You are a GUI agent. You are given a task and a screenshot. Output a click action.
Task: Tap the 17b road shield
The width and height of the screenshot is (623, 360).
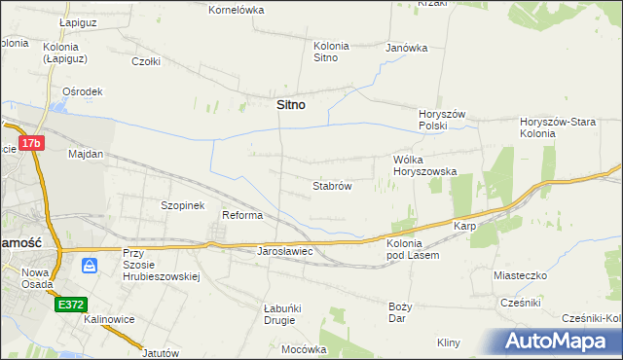32,143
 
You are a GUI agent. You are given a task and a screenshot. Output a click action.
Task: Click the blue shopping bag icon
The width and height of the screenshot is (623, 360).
90,264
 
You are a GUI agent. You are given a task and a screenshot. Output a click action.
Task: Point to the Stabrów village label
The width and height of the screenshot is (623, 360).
331,185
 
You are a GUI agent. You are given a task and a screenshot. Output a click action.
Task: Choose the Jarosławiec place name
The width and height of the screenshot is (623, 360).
283,251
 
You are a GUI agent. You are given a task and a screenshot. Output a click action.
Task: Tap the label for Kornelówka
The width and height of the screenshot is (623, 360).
237,10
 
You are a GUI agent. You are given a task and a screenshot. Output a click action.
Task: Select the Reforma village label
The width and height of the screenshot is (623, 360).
242,215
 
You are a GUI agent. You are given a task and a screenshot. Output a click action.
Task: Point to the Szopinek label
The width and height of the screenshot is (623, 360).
182,205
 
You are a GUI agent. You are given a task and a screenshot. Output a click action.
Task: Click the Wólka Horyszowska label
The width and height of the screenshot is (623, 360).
424,164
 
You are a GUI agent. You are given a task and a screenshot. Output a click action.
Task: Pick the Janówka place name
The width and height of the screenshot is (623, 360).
407,47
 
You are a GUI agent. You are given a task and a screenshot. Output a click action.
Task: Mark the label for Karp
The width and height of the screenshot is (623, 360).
463,226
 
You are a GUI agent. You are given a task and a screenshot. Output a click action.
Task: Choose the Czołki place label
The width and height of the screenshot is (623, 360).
145,60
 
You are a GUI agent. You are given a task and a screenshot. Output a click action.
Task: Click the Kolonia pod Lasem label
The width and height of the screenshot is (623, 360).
413,248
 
